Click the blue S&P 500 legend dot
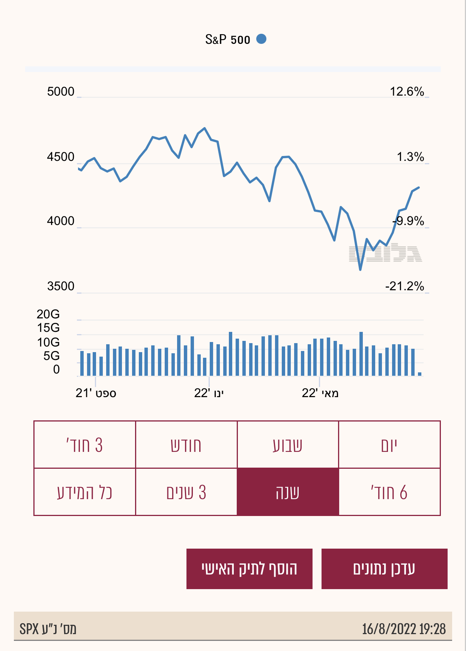click(261, 39)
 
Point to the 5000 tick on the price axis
click(60, 91)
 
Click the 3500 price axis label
click(60, 286)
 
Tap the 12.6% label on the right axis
click(407, 91)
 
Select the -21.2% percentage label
click(404, 286)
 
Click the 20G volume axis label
click(48, 314)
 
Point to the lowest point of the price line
click(360, 269)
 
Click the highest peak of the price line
click(204, 128)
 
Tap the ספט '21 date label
click(96, 393)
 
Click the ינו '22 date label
click(209, 393)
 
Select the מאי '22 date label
click(320, 393)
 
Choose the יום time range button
click(389, 445)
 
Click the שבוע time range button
click(287, 445)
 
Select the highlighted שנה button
click(287, 492)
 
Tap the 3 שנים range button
click(186, 492)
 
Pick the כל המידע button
click(84, 492)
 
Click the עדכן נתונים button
click(384, 568)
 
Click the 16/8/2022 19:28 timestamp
click(404, 629)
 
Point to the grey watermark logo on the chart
click(385, 253)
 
